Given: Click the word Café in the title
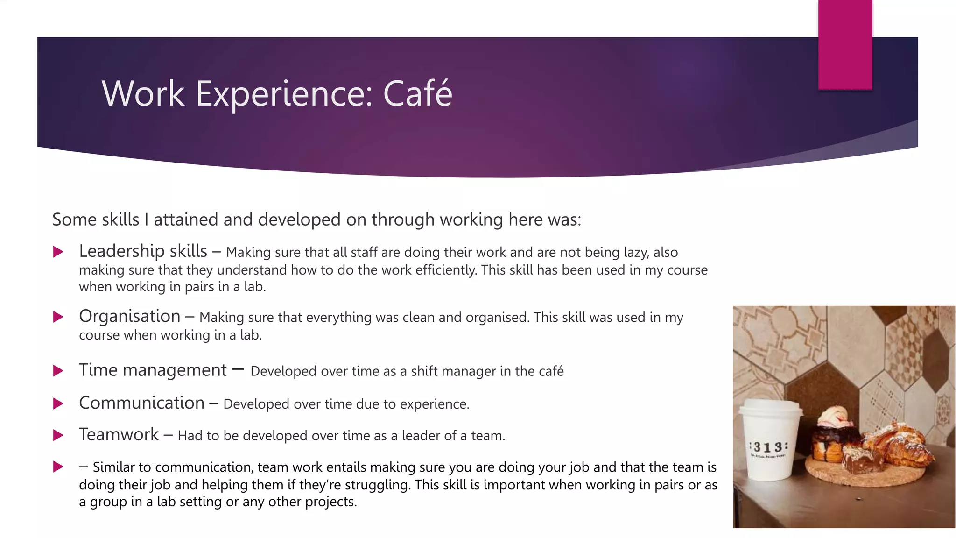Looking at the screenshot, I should [x=417, y=93].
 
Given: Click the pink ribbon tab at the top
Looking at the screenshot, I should [x=845, y=44].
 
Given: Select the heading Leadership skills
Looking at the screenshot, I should [x=143, y=251].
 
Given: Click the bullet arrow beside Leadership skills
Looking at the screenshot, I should [x=58, y=252].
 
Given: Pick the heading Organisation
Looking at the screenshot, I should [x=129, y=316].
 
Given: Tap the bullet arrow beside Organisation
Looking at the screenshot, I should [x=58, y=317].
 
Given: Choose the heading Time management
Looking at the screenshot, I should [x=153, y=370].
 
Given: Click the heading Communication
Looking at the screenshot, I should [x=141, y=403].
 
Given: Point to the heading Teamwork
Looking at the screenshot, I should [x=119, y=435].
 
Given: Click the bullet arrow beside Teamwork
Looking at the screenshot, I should [x=58, y=435].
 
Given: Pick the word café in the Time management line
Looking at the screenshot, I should [x=550, y=371].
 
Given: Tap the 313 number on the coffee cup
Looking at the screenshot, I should [x=768, y=447].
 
